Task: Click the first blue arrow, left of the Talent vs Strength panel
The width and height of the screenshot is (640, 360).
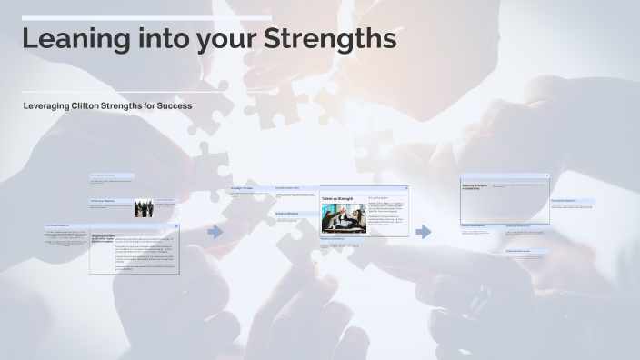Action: [x=215, y=232]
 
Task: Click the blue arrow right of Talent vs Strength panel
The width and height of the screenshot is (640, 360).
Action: [x=424, y=232]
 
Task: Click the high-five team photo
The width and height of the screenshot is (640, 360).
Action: [x=342, y=218]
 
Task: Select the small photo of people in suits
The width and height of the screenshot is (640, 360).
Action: [x=144, y=208]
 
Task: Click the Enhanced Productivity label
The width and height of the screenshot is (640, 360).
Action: [x=518, y=226]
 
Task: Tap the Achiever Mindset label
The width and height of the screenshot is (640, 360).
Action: [x=287, y=215]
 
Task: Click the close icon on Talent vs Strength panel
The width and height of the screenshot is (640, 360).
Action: [x=406, y=188]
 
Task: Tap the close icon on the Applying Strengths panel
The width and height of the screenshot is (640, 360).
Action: [x=546, y=176]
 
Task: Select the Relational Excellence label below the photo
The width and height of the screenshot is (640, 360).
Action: [x=334, y=239]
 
